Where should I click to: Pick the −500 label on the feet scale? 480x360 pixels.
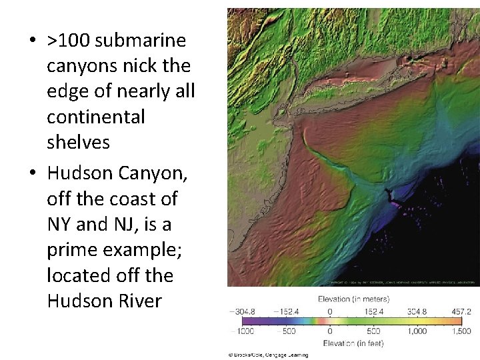(x=288, y=331)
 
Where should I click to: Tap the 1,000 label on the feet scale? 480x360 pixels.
(x=418, y=331)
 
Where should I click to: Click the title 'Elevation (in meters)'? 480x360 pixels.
(x=353, y=299)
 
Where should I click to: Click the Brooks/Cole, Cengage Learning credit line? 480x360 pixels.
(x=267, y=355)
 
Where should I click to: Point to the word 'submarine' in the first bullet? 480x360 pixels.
(x=141, y=41)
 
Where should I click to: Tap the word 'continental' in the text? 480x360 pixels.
(x=95, y=117)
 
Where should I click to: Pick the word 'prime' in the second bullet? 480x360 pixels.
(x=69, y=250)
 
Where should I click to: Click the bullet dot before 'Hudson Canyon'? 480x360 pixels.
(x=32, y=173)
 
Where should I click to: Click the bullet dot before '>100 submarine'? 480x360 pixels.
(x=32, y=41)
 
